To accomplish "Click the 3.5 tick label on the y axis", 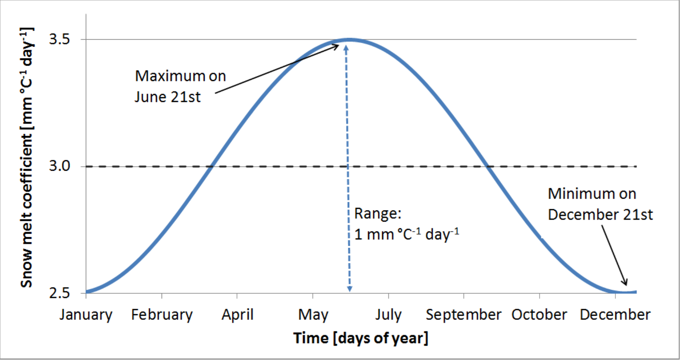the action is (59, 39).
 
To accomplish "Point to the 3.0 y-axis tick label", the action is (59, 166).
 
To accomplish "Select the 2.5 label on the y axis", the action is (59, 293).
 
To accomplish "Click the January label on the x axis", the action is (86, 315).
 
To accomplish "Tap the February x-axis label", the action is (162, 315).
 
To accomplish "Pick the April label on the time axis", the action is (237, 315).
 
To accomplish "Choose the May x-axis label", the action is (313, 315).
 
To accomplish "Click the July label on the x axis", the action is (389, 315).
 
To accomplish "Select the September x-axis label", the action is (464, 315).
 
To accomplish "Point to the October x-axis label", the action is (539, 315).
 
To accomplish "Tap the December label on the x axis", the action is (615, 315).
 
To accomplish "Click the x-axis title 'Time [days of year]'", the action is (361, 338).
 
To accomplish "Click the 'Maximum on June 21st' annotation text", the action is (180, 86).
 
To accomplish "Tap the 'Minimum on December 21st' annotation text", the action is (600, 204).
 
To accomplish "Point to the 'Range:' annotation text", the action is (378, 213).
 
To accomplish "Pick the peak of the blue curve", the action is (350, 40).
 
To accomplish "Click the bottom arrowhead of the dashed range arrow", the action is (350, 289).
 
